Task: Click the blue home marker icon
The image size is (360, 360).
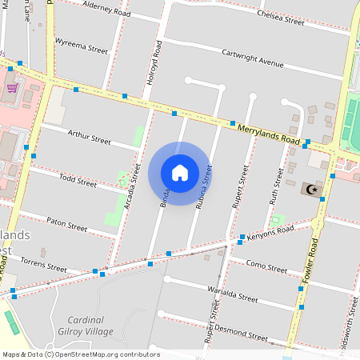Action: click(180, 173)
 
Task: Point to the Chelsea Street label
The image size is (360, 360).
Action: click(280, 18)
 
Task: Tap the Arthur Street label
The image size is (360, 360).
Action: click(89, 139)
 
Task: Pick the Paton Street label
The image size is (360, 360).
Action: click(66, 224)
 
